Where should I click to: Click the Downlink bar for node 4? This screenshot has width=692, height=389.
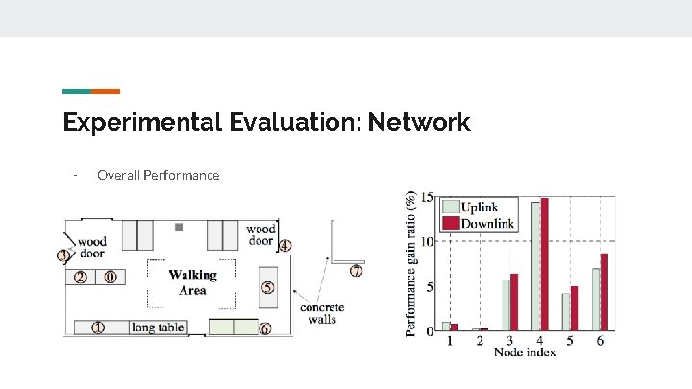point(544,264)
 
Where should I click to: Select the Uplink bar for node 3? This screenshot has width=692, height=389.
point(506,305)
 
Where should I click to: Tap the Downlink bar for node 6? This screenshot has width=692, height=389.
point(604,292)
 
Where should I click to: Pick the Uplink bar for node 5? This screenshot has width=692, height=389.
point(565,312)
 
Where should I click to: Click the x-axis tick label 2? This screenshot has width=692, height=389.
point(481,340)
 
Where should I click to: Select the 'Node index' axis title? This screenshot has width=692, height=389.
point(525,353)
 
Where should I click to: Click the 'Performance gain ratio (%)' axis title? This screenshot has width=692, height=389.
point(411,262)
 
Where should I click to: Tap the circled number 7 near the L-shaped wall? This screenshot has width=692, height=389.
point(357,271)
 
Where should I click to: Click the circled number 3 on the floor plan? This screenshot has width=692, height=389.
point(63,256)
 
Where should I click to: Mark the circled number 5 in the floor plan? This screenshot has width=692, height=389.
point(267,287)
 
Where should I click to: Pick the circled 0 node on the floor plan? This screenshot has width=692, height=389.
point(111,278)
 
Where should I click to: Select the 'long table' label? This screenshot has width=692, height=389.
point(159,328)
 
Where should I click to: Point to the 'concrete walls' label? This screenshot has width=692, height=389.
point(322,314)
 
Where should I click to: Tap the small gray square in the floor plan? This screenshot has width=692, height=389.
point(179,228)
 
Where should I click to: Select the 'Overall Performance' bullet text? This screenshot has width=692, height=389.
point(158,175)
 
